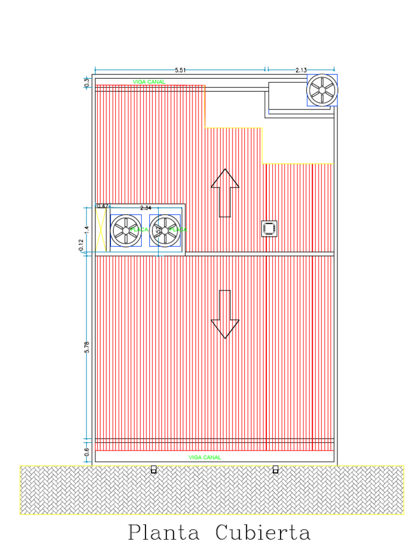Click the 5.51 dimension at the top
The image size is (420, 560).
180,70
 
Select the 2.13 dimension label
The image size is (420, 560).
301,70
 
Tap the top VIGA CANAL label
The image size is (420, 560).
149,82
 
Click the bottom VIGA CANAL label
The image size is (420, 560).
205,457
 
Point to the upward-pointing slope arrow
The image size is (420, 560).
225,192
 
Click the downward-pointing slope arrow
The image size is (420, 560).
225,314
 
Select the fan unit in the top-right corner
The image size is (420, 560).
322,90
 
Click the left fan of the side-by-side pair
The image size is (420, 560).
126,231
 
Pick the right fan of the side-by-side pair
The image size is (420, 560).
165,231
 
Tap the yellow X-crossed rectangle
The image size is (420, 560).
101,229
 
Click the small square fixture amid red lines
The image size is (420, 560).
269,229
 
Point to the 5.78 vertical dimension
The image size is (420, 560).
86,347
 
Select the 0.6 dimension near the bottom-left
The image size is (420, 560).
86,452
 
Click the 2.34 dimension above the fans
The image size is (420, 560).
146,208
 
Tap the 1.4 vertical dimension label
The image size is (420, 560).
86,229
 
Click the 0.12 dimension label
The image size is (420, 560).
81,246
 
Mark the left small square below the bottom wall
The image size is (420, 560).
154,469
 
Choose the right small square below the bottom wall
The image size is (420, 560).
275,469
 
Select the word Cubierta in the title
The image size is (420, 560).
263,533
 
